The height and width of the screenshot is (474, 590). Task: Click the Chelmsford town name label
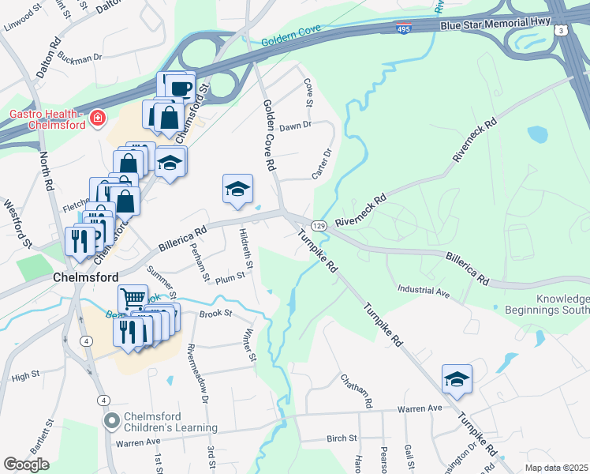coord(86,278)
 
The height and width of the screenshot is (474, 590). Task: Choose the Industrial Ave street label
coord(423,292)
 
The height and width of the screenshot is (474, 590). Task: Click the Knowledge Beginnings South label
coord(563,305)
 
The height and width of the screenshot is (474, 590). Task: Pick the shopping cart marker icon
coord(133,299)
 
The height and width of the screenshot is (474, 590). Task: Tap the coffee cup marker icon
coord(179,86)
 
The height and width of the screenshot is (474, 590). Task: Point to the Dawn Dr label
coord(296,126)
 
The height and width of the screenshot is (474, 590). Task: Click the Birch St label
coord(342,438)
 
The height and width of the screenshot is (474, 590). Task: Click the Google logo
coord(26,465)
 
